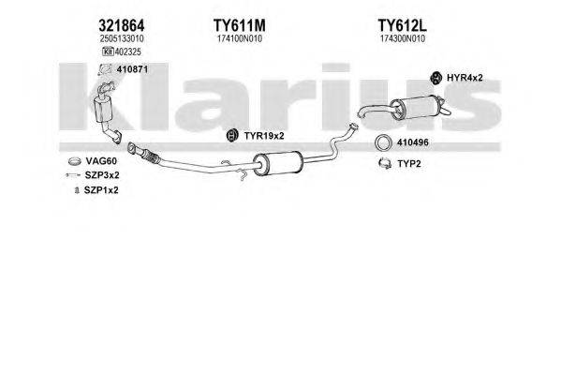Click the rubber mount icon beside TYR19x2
(x=231, y=138)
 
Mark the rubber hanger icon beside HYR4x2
(x=436, y=78)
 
